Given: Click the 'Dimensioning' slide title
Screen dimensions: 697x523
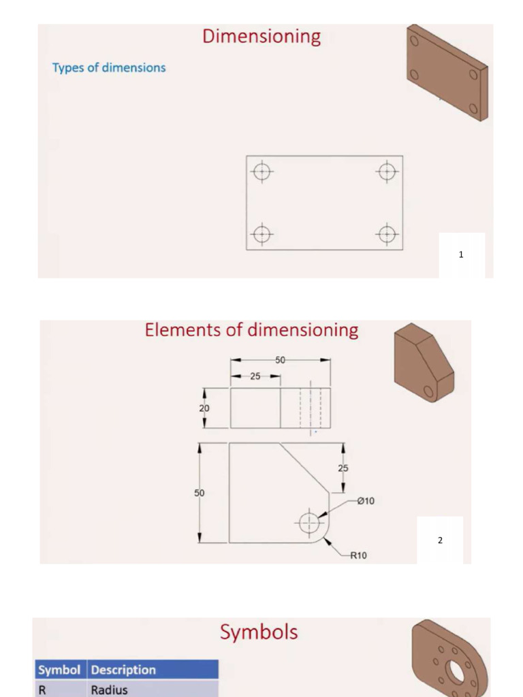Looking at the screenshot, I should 261,36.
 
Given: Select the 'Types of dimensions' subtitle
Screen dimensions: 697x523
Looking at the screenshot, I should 109,67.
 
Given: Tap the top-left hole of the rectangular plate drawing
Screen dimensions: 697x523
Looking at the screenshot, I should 262,172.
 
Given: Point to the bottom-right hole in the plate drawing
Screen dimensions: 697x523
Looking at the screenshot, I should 387,234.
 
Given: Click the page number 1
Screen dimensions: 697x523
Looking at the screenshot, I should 461,255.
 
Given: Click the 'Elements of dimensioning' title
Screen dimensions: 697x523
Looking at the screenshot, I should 251,330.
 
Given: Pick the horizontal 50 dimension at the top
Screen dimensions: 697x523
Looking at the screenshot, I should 280,359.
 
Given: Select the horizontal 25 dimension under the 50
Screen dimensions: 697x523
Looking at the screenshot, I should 255,376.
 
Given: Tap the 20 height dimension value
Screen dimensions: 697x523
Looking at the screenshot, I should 204,408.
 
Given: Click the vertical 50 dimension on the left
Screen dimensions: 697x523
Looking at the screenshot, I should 200,492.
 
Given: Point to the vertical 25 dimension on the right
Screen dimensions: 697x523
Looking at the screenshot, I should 343,468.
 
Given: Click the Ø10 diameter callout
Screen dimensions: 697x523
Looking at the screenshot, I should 365,501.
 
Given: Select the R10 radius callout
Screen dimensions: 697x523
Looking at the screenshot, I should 358,555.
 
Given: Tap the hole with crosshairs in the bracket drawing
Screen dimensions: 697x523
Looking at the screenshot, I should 309,523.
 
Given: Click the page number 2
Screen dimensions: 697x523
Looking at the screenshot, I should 440,540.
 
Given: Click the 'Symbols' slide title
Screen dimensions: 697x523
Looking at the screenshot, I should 259,632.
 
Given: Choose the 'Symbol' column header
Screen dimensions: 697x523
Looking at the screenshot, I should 59,670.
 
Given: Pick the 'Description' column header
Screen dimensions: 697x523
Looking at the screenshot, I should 123,670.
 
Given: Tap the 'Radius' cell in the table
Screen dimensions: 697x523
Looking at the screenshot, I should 110,690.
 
